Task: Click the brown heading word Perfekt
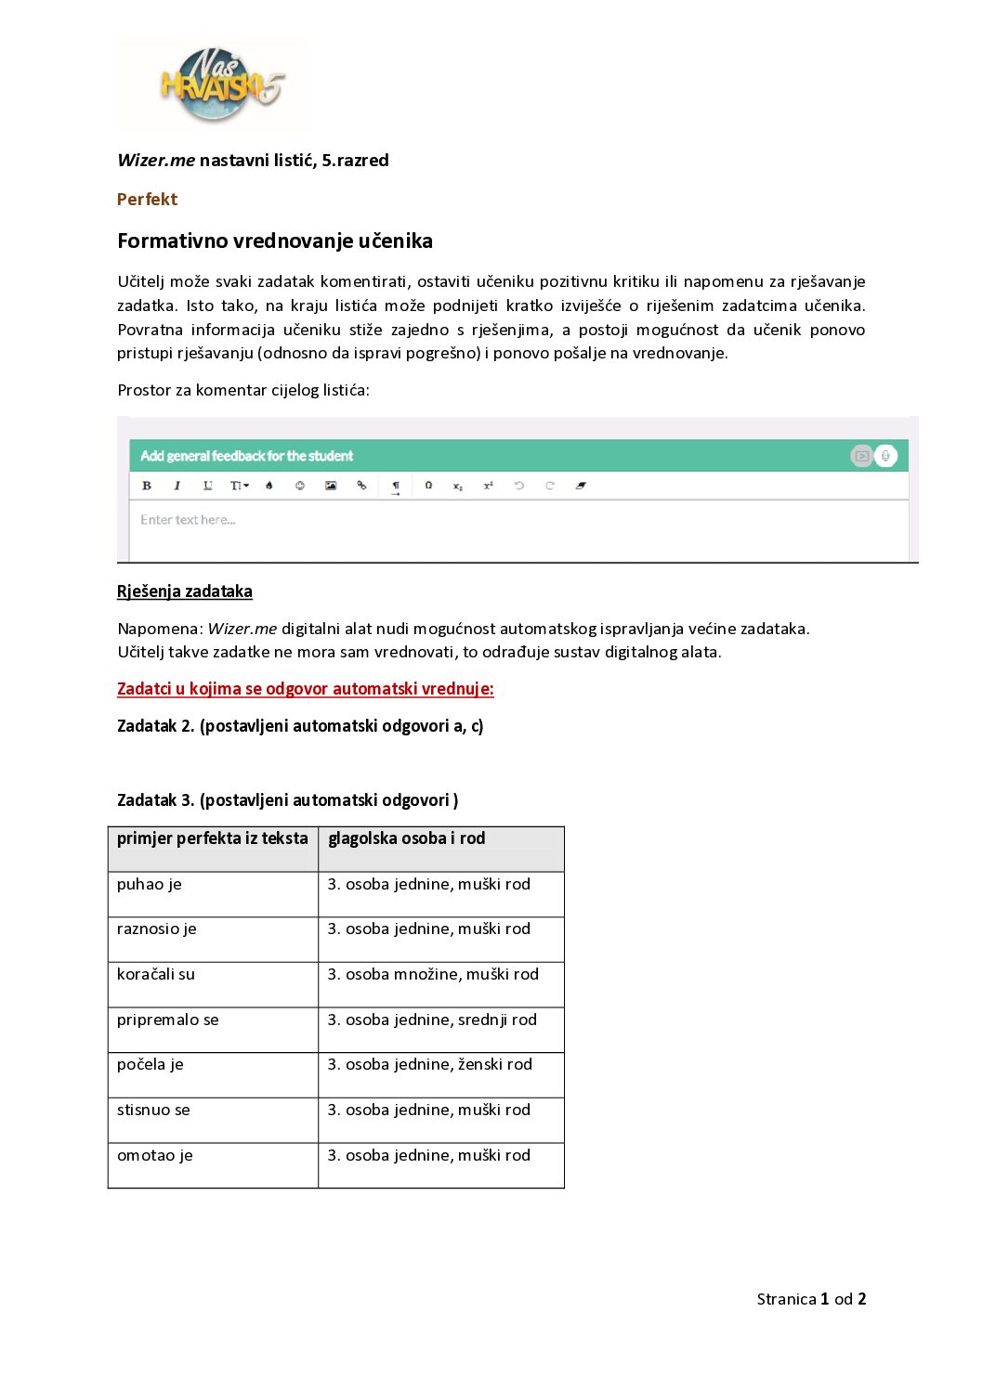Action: click(x=147, y=200)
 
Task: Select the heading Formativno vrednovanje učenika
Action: click(x=275, y=241)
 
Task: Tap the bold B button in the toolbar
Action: click(x=147, y=486)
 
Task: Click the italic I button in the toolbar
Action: click(x=177, y=486)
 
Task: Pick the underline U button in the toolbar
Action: click(x=207, y=486)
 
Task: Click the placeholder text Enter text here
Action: click(x=188, y=520)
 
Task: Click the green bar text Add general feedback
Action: click(x=246, y=456)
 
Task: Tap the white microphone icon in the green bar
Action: click(x=886, y=456)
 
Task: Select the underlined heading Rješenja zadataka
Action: click(x=185, y=591)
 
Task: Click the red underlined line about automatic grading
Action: click(x=305, y=689)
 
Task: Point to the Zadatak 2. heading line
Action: click(x=300, y=726)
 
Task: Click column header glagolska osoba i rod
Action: click(x=406, y=838)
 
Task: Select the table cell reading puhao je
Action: click(x=150, y=885)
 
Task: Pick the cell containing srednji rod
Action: click(x=432, y=1020)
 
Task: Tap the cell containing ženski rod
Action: click(x=430, y=1065)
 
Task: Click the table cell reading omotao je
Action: click(x=155, y=1156)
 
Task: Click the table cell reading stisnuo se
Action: click(x=153, y=1111)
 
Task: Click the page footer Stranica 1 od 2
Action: click(x=811, y=1299)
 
